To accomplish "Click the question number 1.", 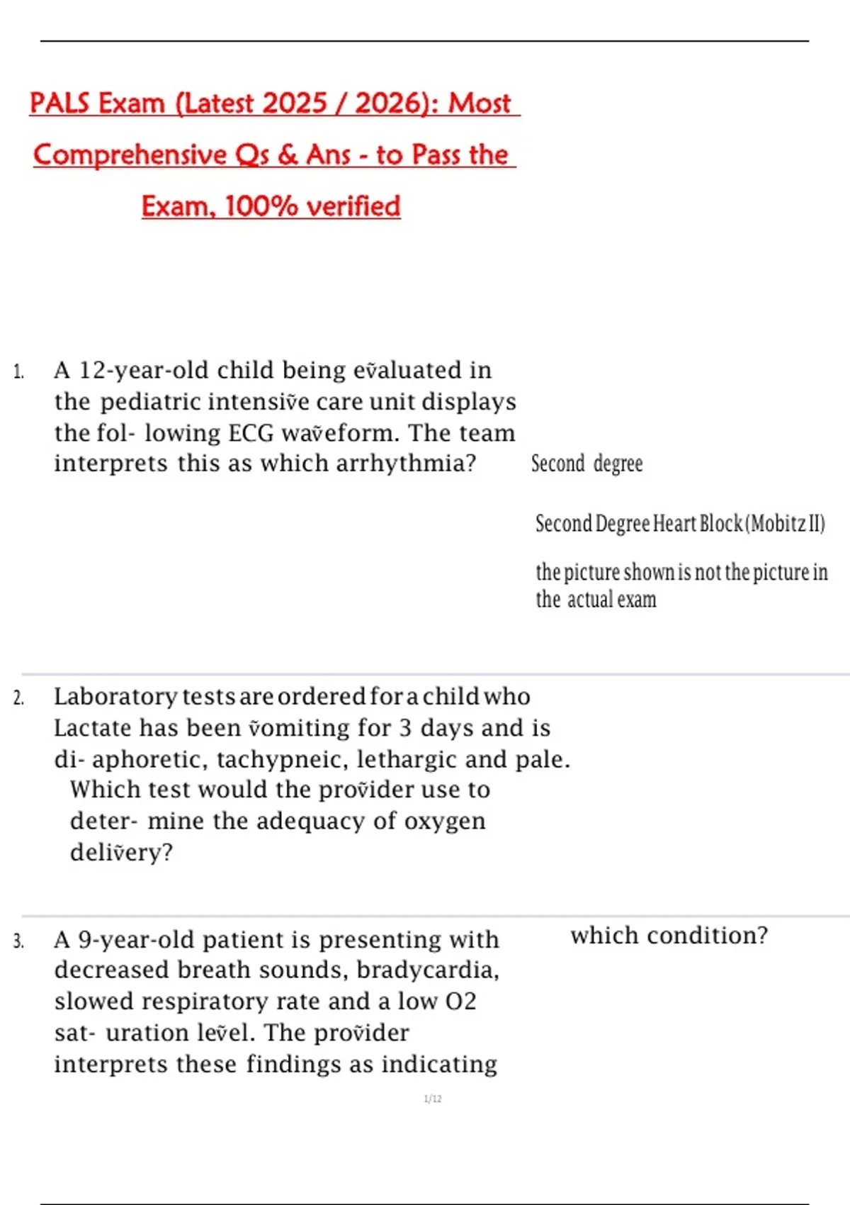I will click(x=18, y=371).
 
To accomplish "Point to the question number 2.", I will click(x=18, y=698).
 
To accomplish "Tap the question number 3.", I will click(x=18, y=941).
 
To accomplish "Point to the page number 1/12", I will click(x=433, y=1099).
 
